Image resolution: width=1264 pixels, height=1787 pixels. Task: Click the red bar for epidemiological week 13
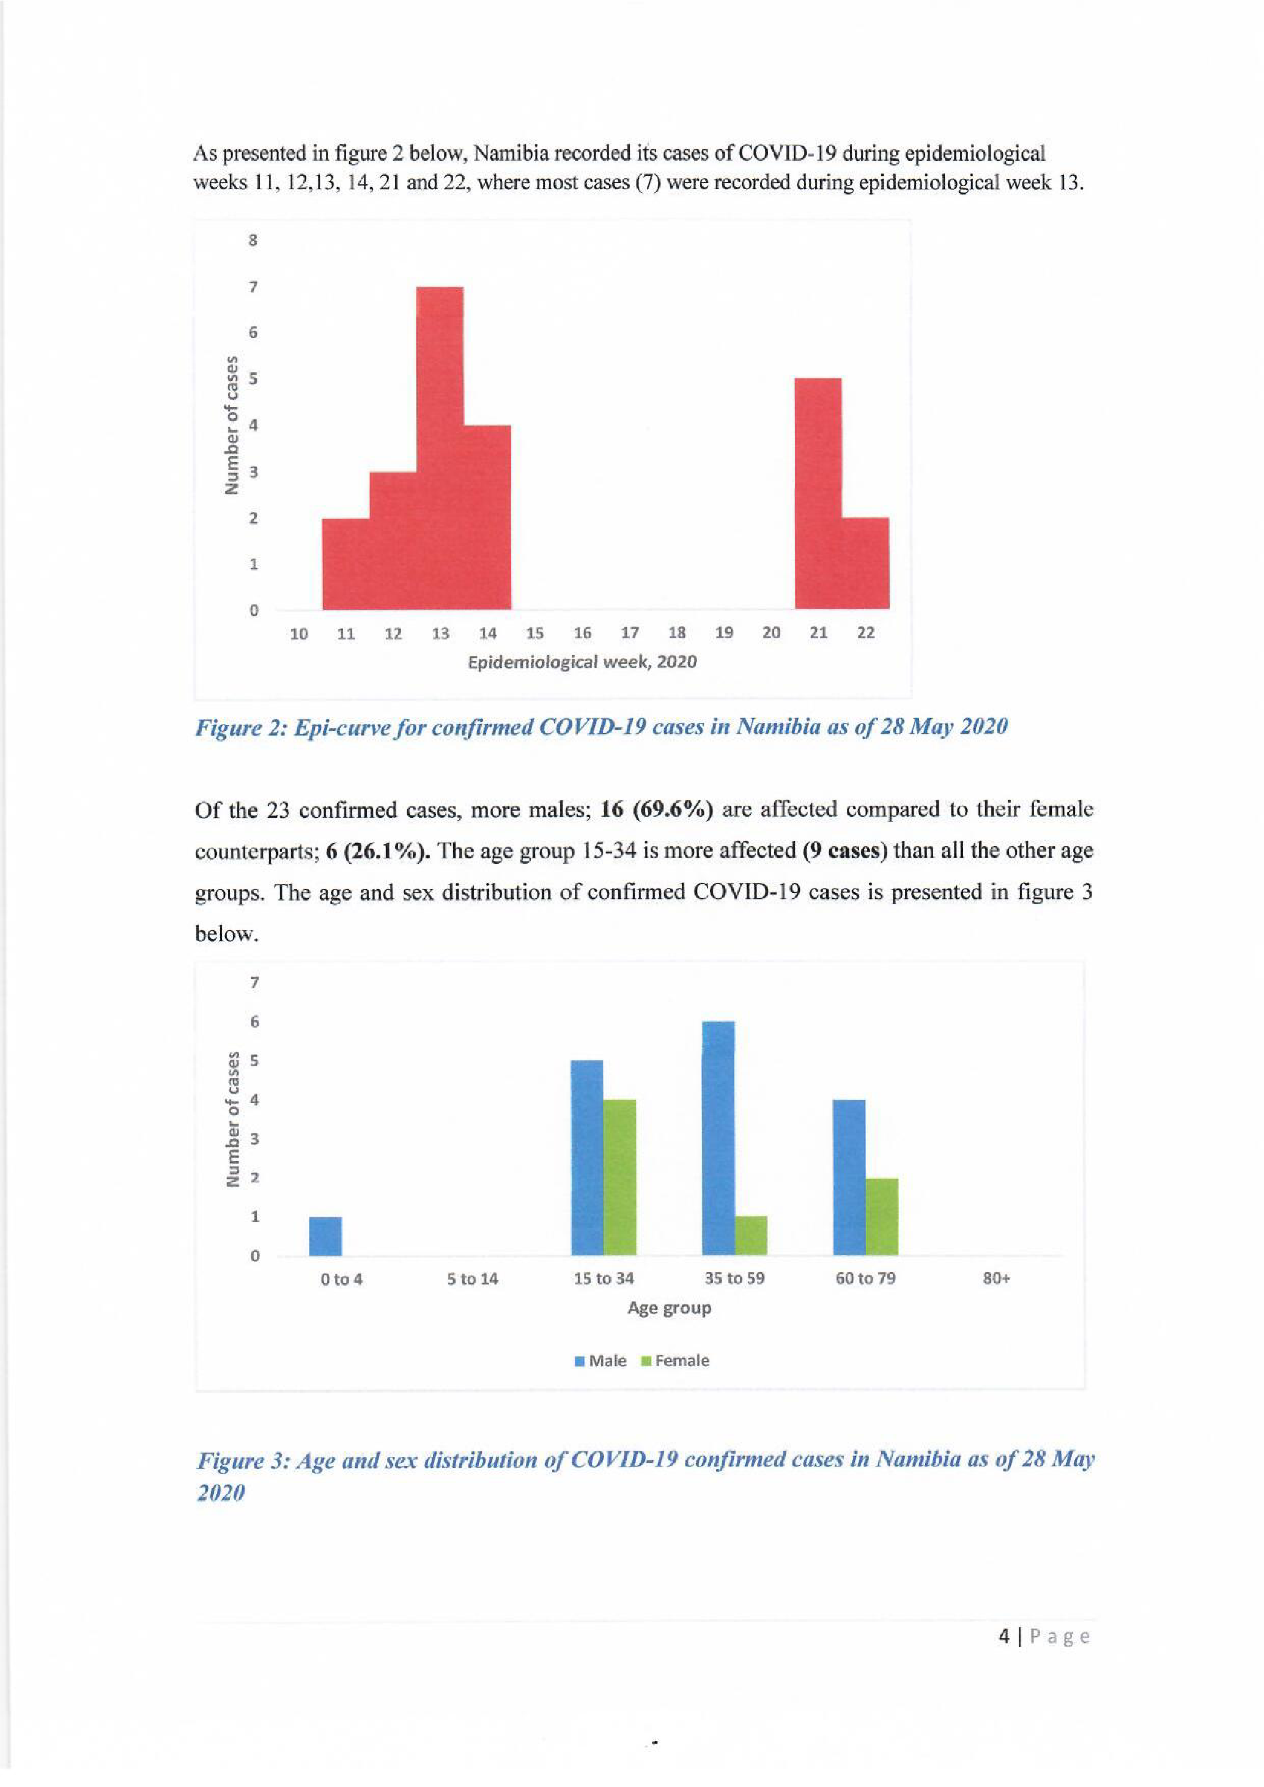440,448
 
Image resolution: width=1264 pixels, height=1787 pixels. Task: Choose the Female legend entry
675,1360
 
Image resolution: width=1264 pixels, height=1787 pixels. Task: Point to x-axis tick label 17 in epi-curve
630,633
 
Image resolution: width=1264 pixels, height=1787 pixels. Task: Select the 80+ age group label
996,1279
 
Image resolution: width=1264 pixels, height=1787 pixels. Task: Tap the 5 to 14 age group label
473,1279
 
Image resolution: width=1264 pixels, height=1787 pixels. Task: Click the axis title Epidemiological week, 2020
582,661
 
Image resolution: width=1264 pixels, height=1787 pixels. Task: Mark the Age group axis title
670,1308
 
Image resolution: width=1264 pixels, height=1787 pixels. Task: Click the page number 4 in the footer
1005,1636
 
